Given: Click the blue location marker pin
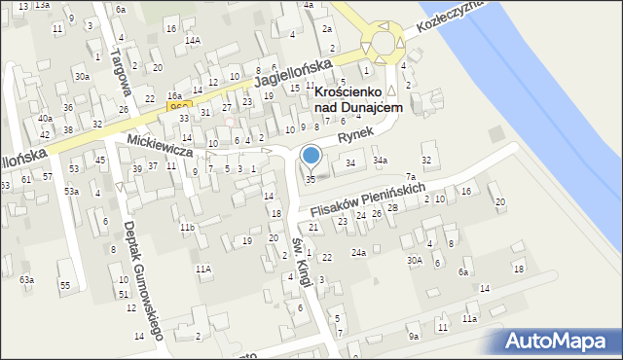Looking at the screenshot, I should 311,156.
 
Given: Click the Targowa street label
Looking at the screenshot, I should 121,68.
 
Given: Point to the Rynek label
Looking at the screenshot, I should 357,139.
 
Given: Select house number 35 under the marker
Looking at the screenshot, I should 311,180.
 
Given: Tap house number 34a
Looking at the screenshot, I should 380,161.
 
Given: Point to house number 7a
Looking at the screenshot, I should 411,175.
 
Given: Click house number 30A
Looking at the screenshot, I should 415,260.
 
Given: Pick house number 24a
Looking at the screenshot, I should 359,253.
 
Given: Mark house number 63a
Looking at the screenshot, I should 26,280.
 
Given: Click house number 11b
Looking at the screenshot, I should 187,228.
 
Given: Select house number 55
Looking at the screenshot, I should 65,285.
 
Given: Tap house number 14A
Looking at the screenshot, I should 194,40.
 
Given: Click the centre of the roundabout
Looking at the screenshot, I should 383,43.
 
